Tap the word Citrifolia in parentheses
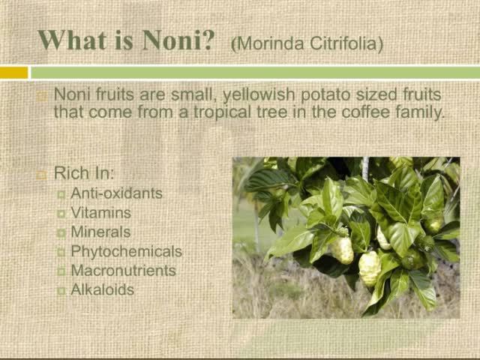[x=345, y=43]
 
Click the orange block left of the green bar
[x=13, y=73]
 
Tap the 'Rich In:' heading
[x=84, y=173]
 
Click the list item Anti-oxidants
[x=116, y=193]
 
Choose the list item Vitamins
[x=100, y=212]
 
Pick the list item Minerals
[x=100, y=232]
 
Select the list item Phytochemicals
[x=126, y=251]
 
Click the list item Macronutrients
[x=123, y=271]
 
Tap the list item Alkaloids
[x=102, y=289]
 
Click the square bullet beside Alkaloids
[x=61, y=290]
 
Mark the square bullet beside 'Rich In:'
[x=42, y=174]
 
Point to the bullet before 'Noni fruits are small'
[x=42, y=96]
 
